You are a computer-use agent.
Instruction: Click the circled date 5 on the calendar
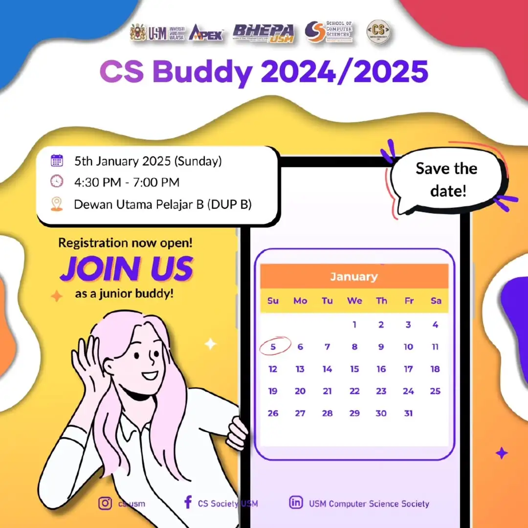[x=273, y=347]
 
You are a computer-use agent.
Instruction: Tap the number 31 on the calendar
[x=408, y=413]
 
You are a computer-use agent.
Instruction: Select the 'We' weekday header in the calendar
[x=354, y=301]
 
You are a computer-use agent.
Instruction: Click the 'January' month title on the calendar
[x=354, y=277]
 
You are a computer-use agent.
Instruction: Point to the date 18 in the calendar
[x=435, y=369]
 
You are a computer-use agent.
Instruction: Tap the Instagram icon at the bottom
[x=105, y=503]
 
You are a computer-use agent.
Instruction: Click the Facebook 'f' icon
[x=188, y=503]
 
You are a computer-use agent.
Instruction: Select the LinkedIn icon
[x=296, y=503]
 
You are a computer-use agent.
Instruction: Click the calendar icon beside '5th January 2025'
[x=57, y=160]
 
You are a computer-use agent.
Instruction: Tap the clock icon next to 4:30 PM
[x=57, y=182]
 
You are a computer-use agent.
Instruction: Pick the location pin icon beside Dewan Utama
[x=57, y=204]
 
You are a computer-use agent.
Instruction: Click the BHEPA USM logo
[x=264, y=33]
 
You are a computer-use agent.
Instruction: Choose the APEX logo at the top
[x=206, y=33]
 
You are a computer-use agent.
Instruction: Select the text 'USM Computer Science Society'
[x=369, y=503]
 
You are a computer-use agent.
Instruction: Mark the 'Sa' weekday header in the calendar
[x=436, y=301]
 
